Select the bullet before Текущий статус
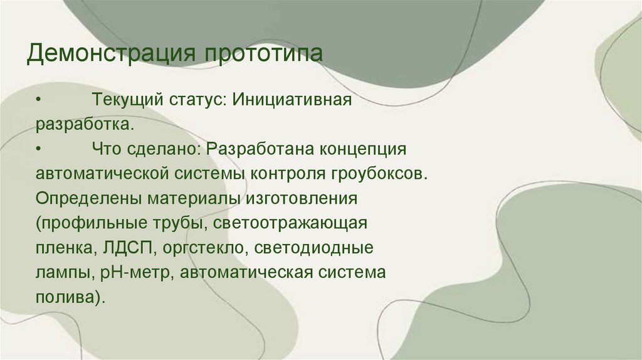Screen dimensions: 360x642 pyautogui.click(x=39, y=100)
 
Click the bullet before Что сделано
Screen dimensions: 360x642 pyautogui.click(x=39, y=149)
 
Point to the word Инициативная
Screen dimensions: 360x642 pyautogui.click(x=290, y=100)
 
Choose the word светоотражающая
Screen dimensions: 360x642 pyautogui.click(x=290, y=223)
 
